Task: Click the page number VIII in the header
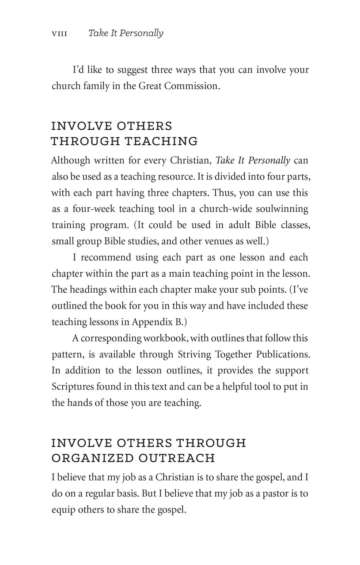click(59, 34)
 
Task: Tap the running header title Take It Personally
click(125, 34)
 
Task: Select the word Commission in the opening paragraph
click(192, 86)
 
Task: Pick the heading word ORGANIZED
click(90, 458)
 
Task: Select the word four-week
click(92, 209)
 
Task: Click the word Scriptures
click(72, 387)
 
